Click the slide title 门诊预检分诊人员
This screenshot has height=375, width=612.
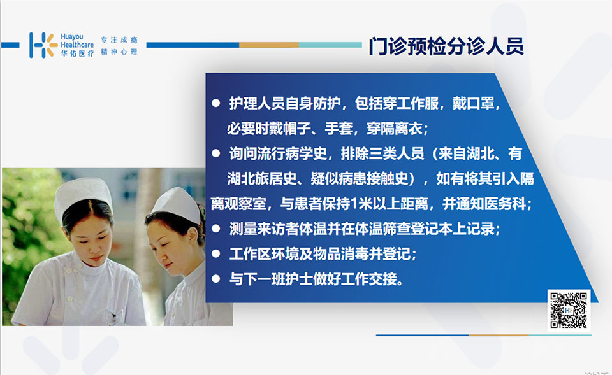(446, 46)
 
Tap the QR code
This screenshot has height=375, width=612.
(568, 310)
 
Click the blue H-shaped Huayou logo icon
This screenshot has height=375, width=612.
(43, 45)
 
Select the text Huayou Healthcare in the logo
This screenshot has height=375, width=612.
(77, 41)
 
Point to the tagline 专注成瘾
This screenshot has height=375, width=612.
(119, 39)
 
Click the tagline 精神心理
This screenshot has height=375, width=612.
(119, 52)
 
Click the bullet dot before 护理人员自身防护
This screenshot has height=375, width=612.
(216, 103)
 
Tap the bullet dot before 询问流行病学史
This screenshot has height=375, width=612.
(216, 153)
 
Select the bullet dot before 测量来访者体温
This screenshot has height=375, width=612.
(216, 229)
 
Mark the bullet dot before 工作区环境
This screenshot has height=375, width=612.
(216, 254)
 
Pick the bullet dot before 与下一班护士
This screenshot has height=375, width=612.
(216, 279)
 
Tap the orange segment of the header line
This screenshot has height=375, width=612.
(269, 45)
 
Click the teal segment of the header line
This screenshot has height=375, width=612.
(331, 45)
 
